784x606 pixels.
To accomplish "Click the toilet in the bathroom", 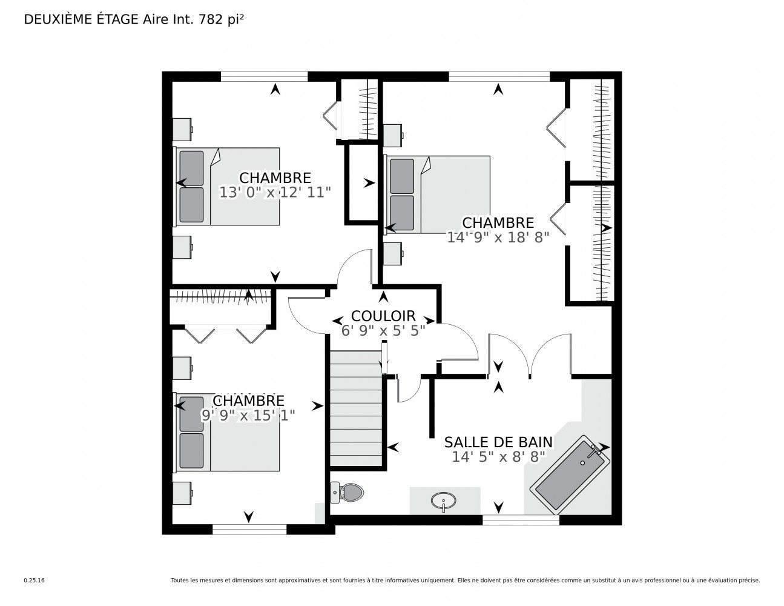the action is tap(347, 491).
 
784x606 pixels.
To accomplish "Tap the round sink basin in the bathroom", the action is tap(443, 500).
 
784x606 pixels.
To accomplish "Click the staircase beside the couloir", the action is tap(356, 408).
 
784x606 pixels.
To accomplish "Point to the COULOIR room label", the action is tap(383, 316).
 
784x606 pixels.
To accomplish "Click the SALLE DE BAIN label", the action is tap(498, 442).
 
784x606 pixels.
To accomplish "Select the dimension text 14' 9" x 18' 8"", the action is tap(498, 238).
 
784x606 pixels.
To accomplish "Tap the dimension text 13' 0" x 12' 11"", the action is tap(275, 193).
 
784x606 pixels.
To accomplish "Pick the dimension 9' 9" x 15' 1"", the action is tap(248, 415).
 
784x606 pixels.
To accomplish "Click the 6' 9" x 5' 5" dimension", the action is tap(383, 330).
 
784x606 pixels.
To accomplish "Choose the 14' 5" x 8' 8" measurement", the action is tap(498, 457).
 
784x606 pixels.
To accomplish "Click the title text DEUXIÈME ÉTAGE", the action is tap(82, 19).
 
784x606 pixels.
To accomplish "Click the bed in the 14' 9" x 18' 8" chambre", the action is tap(438, 195).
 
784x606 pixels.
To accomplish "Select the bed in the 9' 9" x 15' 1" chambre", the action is tap(227, 433).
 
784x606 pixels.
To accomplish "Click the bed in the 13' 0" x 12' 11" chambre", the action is tap(227, 187).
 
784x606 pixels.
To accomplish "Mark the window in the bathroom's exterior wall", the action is tap(521, 520).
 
